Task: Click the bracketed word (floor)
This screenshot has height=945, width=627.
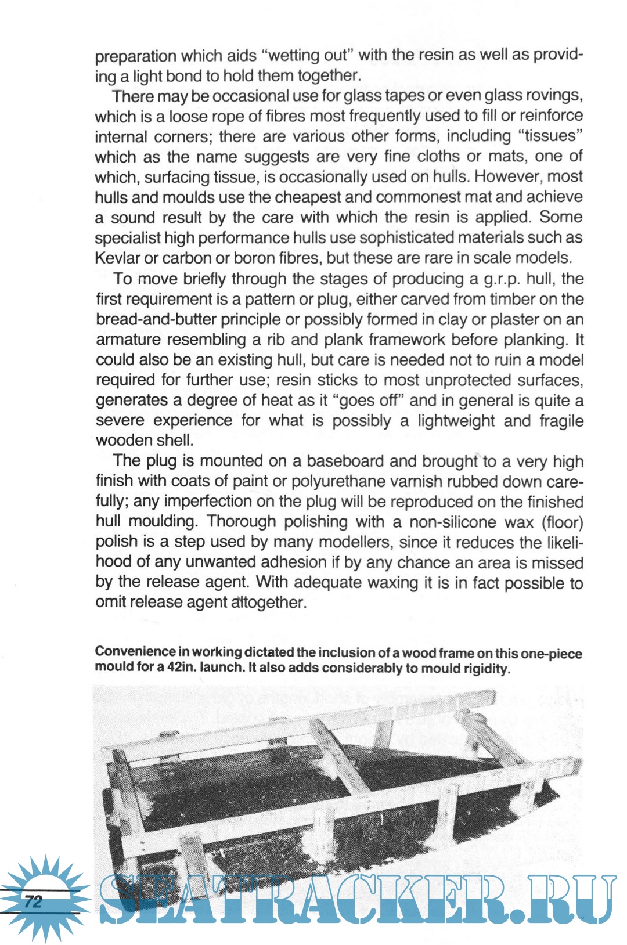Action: pos(562,522)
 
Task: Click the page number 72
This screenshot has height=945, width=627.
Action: pos(34,901)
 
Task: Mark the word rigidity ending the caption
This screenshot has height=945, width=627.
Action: pos(487,669)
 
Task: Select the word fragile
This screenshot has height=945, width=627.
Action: pos(561,421)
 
